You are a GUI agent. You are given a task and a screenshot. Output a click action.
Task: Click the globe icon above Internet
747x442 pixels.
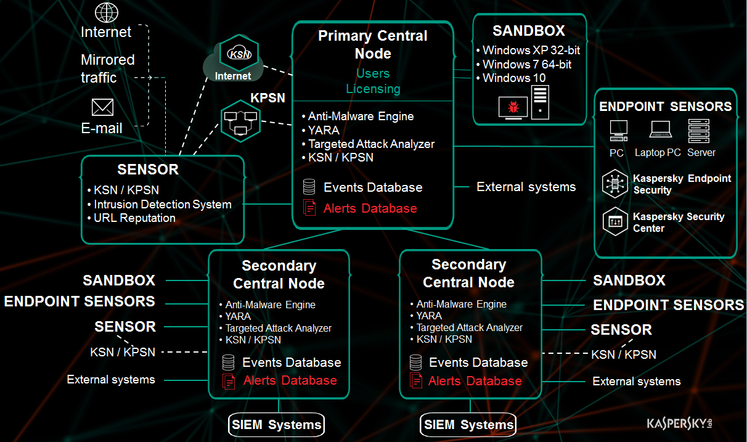click(x=107, y=12)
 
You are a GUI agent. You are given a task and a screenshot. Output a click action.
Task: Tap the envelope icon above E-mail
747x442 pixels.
click(x=102, y=108)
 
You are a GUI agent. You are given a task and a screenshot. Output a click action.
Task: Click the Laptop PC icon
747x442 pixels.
click(x=660, y=129)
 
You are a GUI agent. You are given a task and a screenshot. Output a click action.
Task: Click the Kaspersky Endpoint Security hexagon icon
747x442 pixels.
click(x=615, y=184)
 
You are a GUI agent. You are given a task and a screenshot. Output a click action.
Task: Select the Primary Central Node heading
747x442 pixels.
click(x=373, y=44)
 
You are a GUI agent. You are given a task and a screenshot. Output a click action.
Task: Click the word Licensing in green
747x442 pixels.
click(x=373, y=89)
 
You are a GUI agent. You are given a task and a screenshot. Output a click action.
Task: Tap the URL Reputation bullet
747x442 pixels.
click(x=134, y=218)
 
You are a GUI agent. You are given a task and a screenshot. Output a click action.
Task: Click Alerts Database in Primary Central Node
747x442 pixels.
click(x=370, y=208)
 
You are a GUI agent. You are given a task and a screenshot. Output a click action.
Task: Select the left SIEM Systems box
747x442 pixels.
click(x=277, y=424)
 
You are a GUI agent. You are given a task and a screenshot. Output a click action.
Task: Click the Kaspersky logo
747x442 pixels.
click(x=683, y=424)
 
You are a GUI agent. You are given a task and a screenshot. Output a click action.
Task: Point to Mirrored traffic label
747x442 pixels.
click(x=108, y=68)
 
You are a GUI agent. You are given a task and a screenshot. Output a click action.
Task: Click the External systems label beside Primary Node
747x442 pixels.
click(x=526, y=187)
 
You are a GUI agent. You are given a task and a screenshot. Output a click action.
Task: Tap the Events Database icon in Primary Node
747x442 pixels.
click(x=309, y=187)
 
